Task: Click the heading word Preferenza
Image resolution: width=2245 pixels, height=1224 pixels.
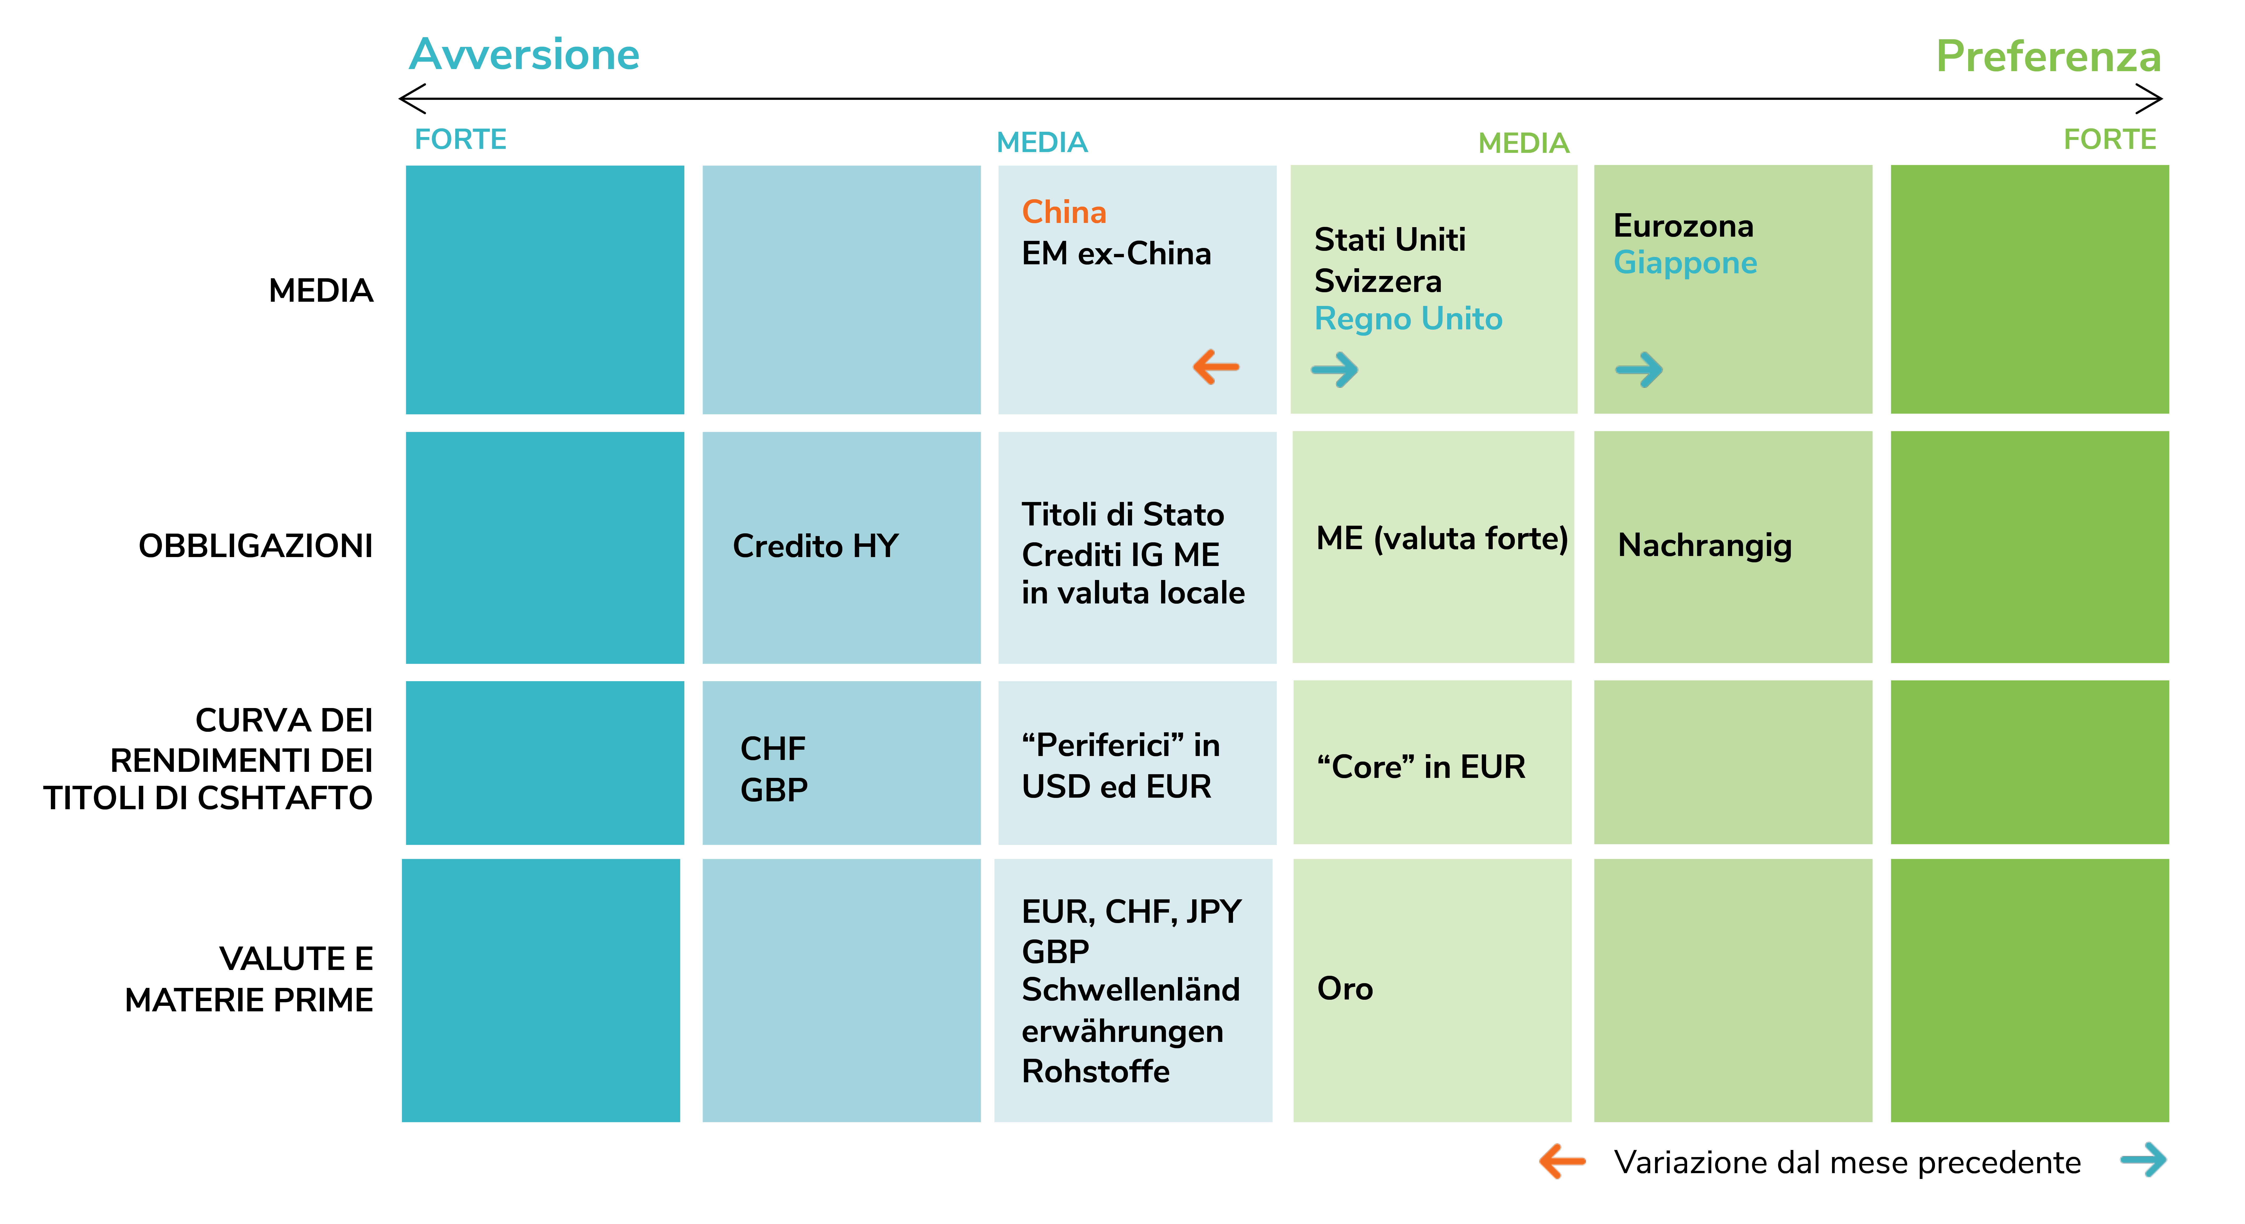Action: tap(2048, 57)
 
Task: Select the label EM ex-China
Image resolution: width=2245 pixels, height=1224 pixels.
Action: tap(1116, 254)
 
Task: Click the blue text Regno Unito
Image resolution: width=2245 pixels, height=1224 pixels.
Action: tap(1408, 319)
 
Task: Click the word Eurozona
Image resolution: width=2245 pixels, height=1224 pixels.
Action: tap(1683, 226)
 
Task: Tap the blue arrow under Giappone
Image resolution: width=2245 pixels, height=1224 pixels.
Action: tap(1638, 370)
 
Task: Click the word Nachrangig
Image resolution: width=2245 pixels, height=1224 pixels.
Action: tap(1705, 546)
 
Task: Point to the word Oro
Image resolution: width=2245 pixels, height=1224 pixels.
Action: tap(1345, 989)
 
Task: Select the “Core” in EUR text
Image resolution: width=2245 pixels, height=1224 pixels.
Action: tap(1421, 767)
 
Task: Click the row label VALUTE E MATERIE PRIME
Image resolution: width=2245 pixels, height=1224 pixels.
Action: tap(249, 979)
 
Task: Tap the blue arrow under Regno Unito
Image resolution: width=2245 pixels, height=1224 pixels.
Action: tap(1334, 370)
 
